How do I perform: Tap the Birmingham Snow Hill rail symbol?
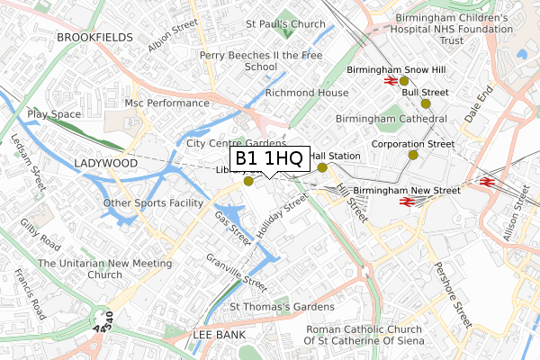[391, 79]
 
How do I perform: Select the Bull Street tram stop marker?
[426, 103]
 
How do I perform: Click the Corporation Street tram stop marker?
[413, 155]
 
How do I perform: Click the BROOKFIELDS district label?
[94, 37]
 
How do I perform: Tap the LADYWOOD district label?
[106, 164]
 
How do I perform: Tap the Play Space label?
[54, 114]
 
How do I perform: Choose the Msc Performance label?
[167, 103]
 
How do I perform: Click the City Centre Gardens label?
[236, 143]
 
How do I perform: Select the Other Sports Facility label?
[153, 202]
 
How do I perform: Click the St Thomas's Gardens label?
[275, 307]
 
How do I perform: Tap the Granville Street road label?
[237, 274]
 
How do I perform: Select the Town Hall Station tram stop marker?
[322, 167]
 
